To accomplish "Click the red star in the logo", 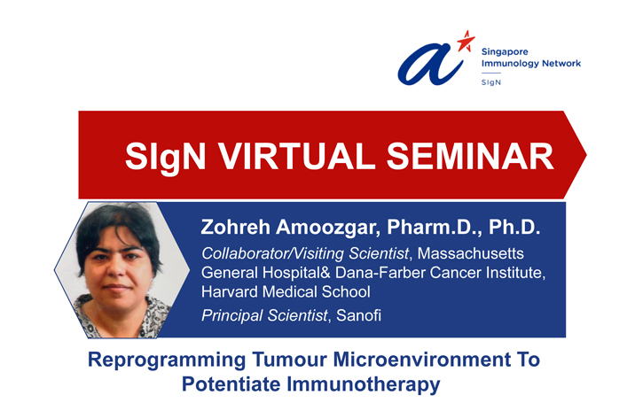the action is click(466, 42).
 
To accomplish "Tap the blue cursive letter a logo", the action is click(430, 65).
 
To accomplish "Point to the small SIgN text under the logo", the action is click(490, 82).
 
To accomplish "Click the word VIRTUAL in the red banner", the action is click(296, 156).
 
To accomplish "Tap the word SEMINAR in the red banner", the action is click(470, 156).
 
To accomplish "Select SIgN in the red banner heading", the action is click(165, 158).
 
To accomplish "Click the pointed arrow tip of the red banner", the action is click(585, 155).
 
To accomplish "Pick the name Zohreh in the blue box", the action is click(235, 227).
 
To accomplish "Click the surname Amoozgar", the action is click(328, 228).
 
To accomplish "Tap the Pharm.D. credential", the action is click(435, 228).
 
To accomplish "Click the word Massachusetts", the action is click(471, 253).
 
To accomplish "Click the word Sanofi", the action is click(359, 315).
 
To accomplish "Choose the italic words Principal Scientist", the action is click(264, 315).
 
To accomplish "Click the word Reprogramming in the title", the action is click(167, 360).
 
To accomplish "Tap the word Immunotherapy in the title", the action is click(364, 384).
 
